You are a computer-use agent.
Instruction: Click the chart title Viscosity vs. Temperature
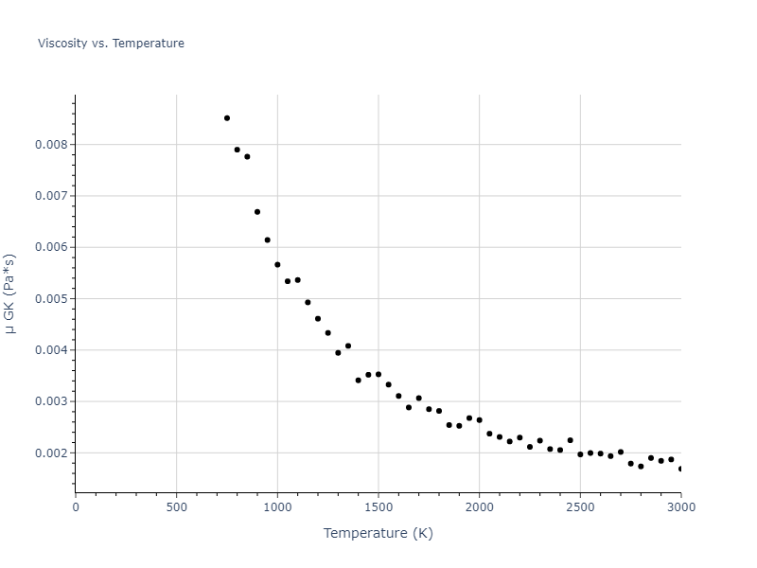[111, 44]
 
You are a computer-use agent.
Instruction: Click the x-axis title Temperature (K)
[378, 533]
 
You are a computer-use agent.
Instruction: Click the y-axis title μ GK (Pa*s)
[10, 293]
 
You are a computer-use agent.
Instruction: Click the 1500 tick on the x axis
[378, 506]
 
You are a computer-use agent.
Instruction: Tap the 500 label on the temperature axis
[176, 506]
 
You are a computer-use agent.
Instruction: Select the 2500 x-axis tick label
[580, 506]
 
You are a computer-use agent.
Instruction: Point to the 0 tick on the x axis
[76, 506]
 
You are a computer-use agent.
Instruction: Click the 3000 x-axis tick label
[680, 506]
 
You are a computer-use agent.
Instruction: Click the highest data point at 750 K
[227, 118]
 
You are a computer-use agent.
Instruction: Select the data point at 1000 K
[277, 265]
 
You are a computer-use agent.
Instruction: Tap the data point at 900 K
[257, 212]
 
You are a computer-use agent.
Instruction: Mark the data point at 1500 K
[378, 374]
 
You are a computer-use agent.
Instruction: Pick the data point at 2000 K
[479, 419]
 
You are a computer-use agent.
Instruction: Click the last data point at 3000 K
[680, 469]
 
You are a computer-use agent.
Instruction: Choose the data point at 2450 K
[570, 440]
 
